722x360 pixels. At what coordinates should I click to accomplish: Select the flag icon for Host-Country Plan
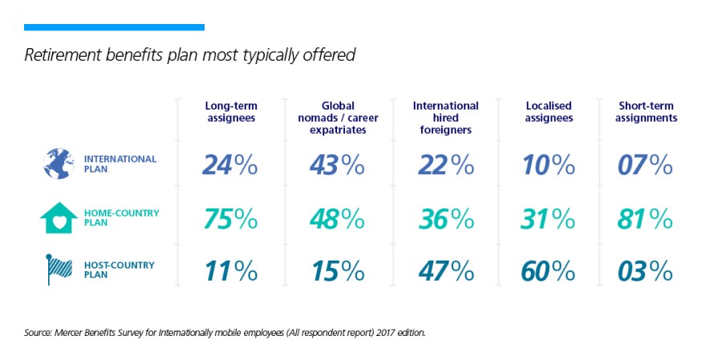(59, 269)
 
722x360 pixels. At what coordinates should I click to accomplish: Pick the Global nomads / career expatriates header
(338, 118)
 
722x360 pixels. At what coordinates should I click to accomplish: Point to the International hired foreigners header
(445, 118)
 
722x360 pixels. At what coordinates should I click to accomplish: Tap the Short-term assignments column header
(647, 112)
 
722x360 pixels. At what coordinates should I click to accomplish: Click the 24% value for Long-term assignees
(229, 164)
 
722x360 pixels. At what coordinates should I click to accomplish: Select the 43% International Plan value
(337, 164)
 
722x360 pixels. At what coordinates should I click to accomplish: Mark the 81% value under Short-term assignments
(645, 218)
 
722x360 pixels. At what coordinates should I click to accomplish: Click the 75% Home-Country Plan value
(229, 218)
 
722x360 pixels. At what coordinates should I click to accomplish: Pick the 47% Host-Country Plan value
(445, 271)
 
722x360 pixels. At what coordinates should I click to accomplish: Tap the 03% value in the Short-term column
(645, 271)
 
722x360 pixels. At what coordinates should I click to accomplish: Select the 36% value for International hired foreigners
(445, 218)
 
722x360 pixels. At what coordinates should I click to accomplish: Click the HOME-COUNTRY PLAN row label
(121, 218)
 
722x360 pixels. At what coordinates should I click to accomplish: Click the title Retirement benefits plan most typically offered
(190, 56)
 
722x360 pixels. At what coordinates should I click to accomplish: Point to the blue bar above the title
(114, 27)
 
